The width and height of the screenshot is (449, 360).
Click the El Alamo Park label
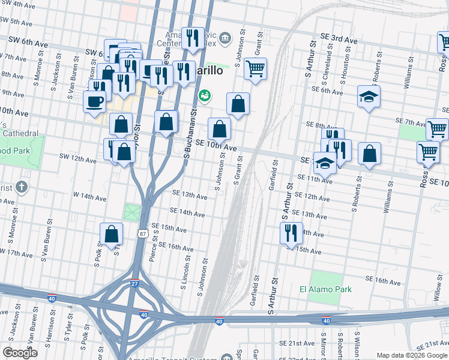325,289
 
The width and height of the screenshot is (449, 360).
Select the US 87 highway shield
141,232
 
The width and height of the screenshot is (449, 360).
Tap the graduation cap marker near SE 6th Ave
369,96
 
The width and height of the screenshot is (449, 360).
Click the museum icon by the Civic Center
225,38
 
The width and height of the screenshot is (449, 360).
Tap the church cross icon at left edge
22,187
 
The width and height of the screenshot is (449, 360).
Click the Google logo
20,353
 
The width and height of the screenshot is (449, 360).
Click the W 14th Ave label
89,196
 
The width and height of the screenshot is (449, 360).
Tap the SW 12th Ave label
77,160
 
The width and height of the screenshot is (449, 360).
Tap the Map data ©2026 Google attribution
412,355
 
